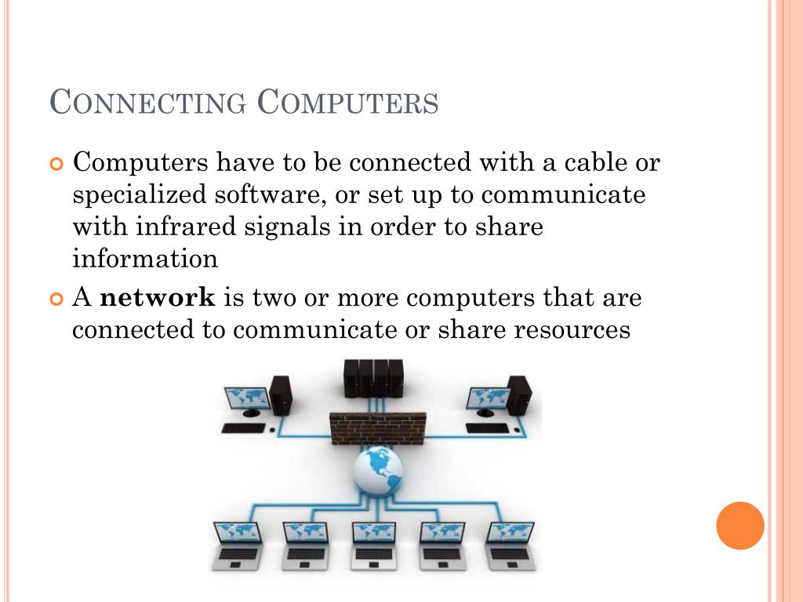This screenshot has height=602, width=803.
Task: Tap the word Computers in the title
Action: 348,103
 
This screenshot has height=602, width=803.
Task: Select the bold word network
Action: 158,298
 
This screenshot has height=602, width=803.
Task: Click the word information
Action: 145,258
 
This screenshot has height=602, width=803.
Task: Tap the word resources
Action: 572,330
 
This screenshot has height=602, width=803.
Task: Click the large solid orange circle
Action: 739,525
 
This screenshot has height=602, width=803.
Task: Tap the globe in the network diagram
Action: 378,470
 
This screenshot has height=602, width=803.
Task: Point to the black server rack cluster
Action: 373,378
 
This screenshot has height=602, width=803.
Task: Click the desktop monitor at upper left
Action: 247,400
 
